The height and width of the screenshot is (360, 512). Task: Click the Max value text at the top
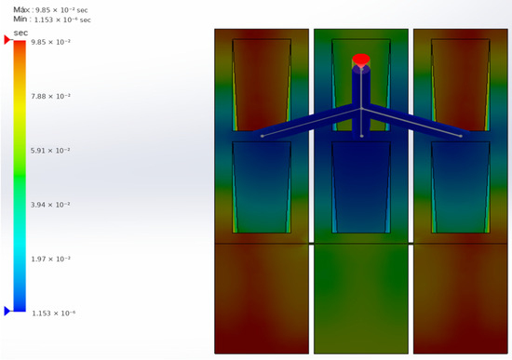[50, 9]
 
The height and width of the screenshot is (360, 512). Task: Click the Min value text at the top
[52, 20]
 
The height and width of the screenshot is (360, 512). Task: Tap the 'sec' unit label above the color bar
[20, 33]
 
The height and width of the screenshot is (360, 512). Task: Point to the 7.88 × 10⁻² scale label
[50, 96]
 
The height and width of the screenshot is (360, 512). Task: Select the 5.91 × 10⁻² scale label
[50, 151]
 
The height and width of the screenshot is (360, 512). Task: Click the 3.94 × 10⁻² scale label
[50, 205]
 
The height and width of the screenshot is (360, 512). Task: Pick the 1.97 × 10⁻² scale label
[50, 259]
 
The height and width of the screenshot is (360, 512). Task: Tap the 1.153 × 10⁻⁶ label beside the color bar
[54, 313]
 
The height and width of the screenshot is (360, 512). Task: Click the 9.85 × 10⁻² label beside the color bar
[50, 42]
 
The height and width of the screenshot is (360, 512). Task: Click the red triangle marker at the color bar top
[7, 40]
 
